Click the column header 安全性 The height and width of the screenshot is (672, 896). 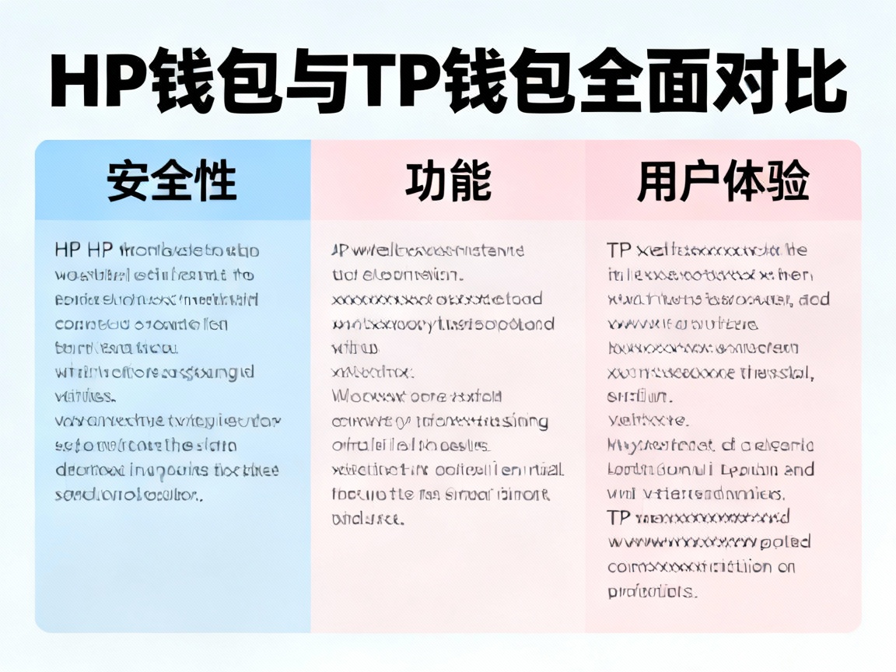172,181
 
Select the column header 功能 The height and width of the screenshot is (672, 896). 448,181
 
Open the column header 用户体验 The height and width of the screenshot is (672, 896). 723,181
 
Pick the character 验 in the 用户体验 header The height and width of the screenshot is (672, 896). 789,181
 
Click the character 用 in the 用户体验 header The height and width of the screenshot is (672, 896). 658,181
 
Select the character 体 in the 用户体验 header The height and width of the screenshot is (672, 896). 745,181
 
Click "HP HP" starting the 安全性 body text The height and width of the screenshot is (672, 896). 84,250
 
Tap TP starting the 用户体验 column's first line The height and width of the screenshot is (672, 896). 619,250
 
